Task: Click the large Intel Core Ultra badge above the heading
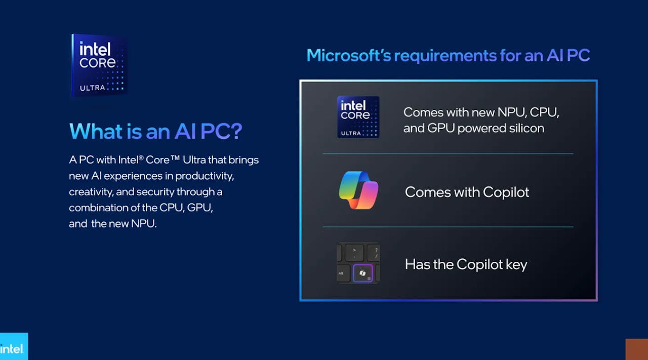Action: click(x=99, y=65)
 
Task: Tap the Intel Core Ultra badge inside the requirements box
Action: click(x=358, y=117)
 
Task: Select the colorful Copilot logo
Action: click(x=358, y=190)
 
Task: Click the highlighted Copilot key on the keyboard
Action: click(x=363, y=273)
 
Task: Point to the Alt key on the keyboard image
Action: click(x=343, y=273)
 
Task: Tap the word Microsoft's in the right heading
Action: click(x=349, y=55)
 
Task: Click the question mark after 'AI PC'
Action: click(x=236, y=131)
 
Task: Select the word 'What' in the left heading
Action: click(x=96, y=131)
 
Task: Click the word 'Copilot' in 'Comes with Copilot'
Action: click(x=506, y=192)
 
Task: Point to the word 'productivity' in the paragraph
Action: click(x=205, y=176)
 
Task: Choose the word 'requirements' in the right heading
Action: click(x=445, y=56)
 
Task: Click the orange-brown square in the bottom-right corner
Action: click(x=637, y=349)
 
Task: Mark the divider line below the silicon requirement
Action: click(x=448, y=153)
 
